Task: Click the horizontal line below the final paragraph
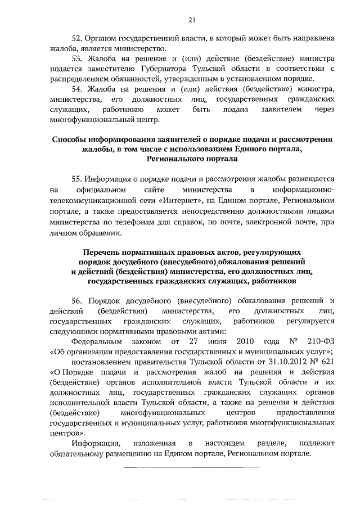point(191,466)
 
